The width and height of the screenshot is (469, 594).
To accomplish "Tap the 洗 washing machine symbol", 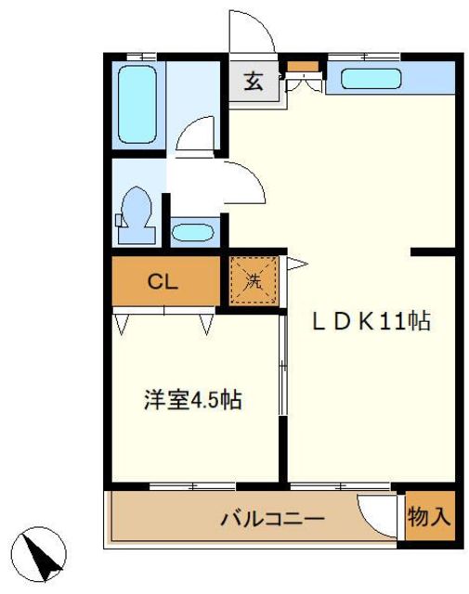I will (x=254, y=279).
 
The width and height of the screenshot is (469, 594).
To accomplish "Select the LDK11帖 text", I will (x=370, y=322).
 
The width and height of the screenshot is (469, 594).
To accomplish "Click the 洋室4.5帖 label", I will (x=193, y=400).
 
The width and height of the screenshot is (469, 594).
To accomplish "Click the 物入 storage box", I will (x=430, y=518).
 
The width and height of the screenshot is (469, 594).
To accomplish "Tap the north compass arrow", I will (x=43, y=555).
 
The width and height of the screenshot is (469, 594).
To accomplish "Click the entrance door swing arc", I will (x=256, y=33).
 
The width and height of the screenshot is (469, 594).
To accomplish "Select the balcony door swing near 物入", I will (x=382, y=512).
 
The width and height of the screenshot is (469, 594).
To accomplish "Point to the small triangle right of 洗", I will (x=294, y=265).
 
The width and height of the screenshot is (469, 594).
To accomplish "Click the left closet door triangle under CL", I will (x=123, y=323).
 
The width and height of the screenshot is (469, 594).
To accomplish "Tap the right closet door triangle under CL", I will (x=206, y=323).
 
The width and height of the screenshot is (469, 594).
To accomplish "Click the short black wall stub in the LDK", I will (x=433, y=251).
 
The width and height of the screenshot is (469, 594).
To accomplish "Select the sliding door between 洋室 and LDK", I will (x=283, y=399).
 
